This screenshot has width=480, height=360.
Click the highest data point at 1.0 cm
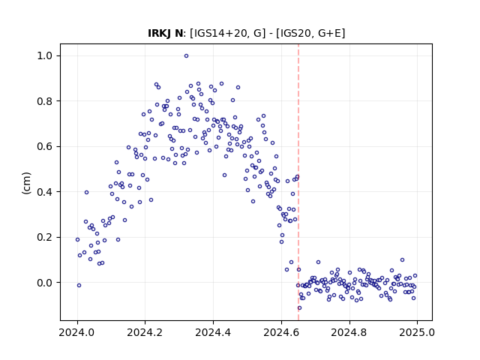(x=186, y=56)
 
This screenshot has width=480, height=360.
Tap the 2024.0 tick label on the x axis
(x=77, y=332)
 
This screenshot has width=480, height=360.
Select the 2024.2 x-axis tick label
(x=145, y=332)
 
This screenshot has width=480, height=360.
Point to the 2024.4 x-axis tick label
(x=213, y=332)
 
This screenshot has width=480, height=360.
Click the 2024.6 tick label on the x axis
(x=281, y=332)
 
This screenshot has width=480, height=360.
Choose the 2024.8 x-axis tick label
(x=349, y=332)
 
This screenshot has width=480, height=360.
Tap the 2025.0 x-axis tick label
(x=417, y=332)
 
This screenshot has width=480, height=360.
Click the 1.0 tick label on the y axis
(x=45, y=56)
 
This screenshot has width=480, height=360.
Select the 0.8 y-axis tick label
(x=45, y=101)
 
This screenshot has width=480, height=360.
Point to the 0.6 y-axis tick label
(x=45, y=147)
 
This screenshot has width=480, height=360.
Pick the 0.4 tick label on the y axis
(x=45, y=192)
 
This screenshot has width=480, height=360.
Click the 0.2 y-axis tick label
(x=45, y=237)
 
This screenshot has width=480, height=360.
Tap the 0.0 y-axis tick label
(x=45, y=283)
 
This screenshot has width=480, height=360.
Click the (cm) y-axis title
(x=27, y=183)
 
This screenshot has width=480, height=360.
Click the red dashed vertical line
(x=298, y=182)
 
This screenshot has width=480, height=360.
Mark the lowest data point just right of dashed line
(x=299, y=308)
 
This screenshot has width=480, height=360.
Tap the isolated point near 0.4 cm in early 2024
(x=87, y=192)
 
